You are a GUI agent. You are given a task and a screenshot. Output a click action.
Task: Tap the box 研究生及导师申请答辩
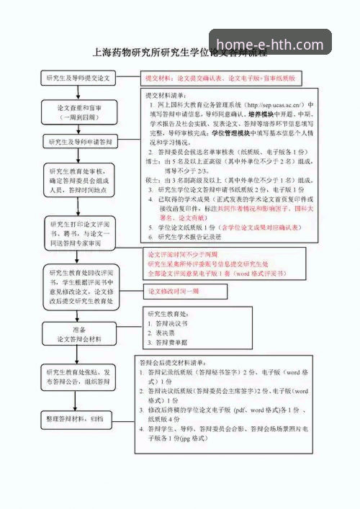tap(79, 142)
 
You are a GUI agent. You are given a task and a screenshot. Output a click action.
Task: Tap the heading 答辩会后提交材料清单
tap(173, 362)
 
